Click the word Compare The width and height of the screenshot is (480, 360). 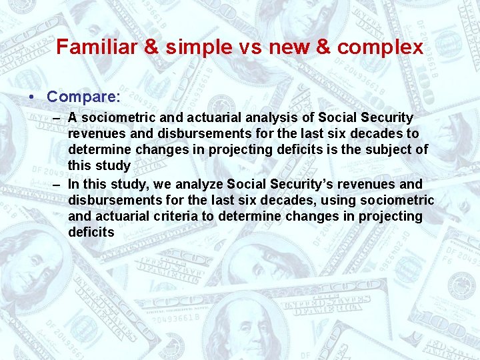tap(83, 97)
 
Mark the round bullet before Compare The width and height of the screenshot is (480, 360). tap(33, 97)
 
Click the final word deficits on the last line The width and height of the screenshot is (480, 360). tap(91, 232)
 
